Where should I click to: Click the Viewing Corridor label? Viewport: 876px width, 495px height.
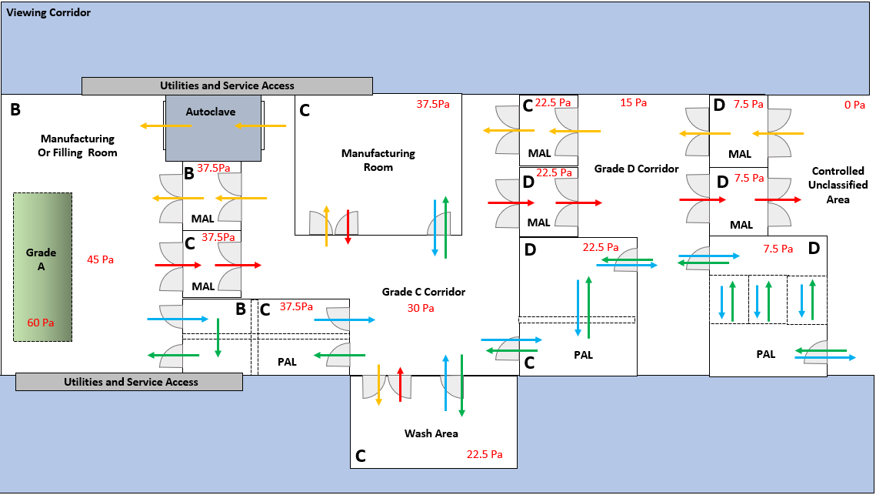tap(49, 13)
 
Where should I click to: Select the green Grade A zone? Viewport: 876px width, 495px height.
tap(42, 266)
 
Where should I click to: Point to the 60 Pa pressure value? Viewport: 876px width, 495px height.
tap(42, 323)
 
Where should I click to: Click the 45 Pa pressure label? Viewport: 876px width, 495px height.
tap(100, 260)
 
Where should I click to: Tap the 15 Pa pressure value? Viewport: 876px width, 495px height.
tap(634, 102)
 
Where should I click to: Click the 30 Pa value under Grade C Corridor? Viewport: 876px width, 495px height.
tap(421, 308)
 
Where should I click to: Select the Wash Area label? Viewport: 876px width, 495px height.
tap(431, 433)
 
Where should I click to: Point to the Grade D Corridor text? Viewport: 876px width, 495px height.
tap(636, 168)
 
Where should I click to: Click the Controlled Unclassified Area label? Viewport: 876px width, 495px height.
tap(838, 185)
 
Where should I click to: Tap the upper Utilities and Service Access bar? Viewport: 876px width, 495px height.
tap(227, 85)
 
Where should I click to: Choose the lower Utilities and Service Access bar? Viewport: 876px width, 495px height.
tap(130, 382)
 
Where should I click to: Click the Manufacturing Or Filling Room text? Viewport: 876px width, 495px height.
tap(78, 145)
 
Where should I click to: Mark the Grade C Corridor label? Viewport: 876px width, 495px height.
tap(423, 292)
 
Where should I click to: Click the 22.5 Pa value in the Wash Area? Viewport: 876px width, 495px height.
tap(485, 454)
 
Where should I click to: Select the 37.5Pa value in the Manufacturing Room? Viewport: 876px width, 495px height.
tap(433, 104)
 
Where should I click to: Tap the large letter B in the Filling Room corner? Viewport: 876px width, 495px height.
tap(15, 110)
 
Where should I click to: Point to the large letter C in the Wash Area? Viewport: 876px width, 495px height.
tap(360, 457)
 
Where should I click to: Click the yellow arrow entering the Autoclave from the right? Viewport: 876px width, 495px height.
tap(261, 125)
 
